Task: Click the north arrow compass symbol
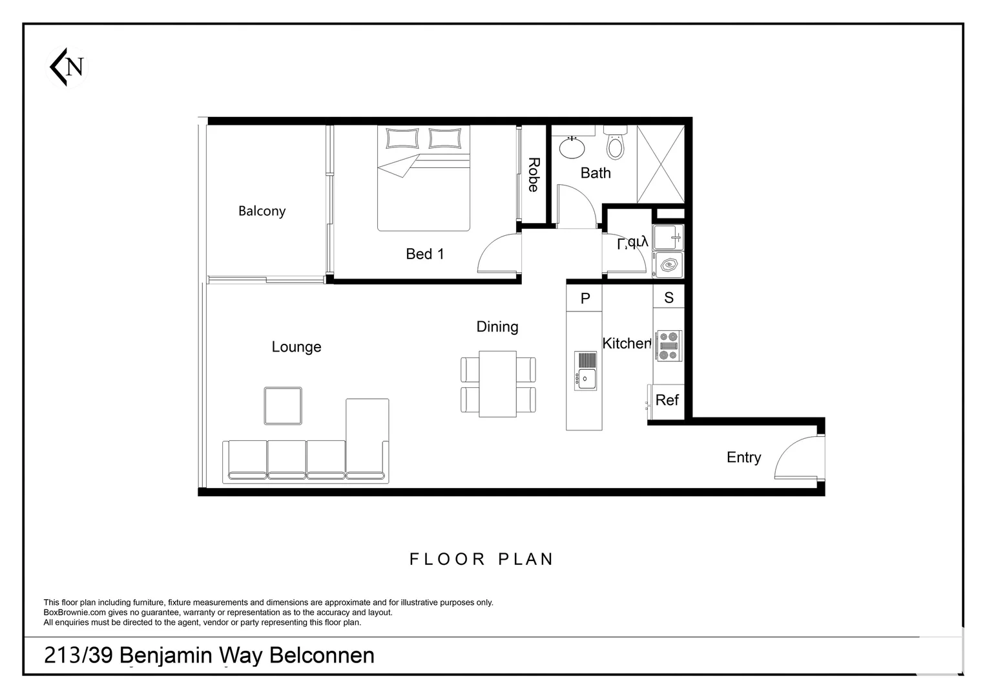click(68, 67)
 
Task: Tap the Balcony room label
click(262, 211)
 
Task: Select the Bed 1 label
click(425, 254)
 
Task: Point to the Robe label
click(534, 174)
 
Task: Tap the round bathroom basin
click(572, 148)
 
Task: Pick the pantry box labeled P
click(585, 298)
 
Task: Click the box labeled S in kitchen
click(669, 298)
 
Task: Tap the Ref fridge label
click(667, 400)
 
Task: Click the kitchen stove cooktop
click(668, 346)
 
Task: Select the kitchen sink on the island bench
click(586, 370)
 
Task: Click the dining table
click(497, 384)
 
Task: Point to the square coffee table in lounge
click(283, 406)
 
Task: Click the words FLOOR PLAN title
click(482, 559)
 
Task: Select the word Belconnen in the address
click(322, 655)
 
